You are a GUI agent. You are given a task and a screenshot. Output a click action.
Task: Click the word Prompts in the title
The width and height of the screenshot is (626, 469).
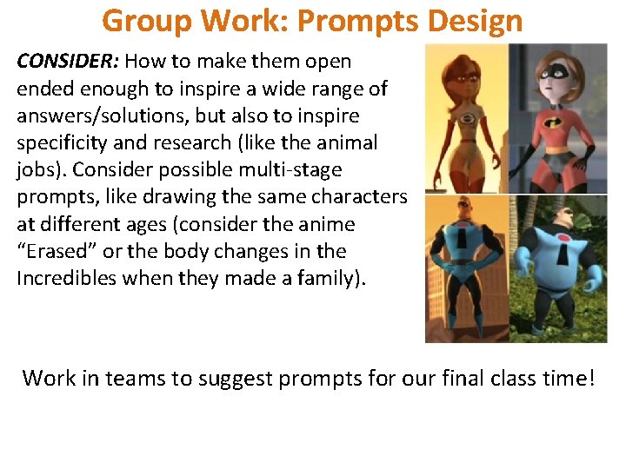[357, 21]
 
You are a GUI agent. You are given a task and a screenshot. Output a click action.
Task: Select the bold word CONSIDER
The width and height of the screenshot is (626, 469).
[68, 61]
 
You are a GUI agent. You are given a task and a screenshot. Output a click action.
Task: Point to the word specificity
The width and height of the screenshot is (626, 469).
[62, 143]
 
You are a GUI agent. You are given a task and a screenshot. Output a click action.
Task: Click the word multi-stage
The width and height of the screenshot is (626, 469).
[290, 170]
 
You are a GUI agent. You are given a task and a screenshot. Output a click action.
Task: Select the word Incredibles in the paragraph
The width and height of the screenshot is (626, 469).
[67, 278]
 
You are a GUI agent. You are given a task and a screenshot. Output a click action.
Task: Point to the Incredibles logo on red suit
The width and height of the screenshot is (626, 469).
[555, 122]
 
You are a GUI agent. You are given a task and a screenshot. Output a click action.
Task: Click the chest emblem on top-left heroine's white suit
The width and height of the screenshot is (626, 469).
[466, 120]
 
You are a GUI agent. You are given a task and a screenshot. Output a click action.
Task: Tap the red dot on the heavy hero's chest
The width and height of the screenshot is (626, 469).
[563, 238]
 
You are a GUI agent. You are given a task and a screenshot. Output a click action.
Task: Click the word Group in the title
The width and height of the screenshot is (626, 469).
[147, 22]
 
